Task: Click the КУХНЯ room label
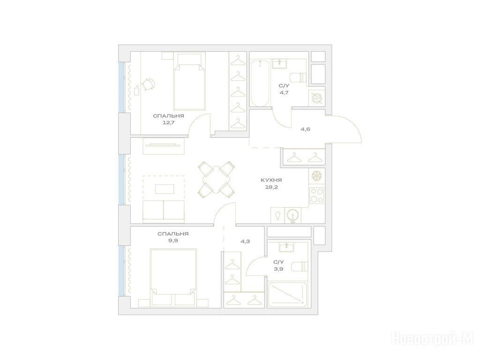(271, 180)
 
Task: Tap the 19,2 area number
(271, 187)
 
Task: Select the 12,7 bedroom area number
(168, 123)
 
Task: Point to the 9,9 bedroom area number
(173, 240)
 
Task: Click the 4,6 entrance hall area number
(305, 129)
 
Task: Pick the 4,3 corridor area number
(245, 241)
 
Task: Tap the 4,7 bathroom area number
(284, 92)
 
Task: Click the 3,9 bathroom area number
(278, 269)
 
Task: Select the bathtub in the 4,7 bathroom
(260, 83)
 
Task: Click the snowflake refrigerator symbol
(317, 176)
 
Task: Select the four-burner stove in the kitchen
(317, 195)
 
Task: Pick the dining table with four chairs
(217, 180)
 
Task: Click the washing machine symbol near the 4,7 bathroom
(315, 98)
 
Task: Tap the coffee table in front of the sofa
(165, 189)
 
